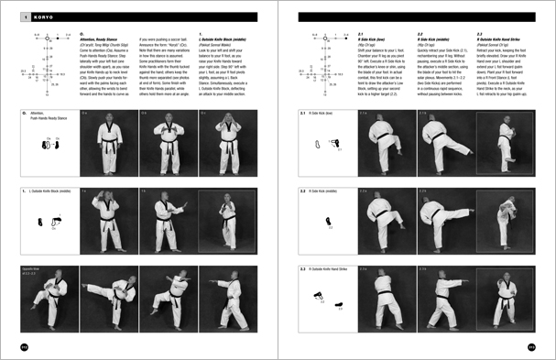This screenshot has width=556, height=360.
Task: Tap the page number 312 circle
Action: [25, 346]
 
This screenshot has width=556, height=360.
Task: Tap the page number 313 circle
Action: [530, 346]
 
